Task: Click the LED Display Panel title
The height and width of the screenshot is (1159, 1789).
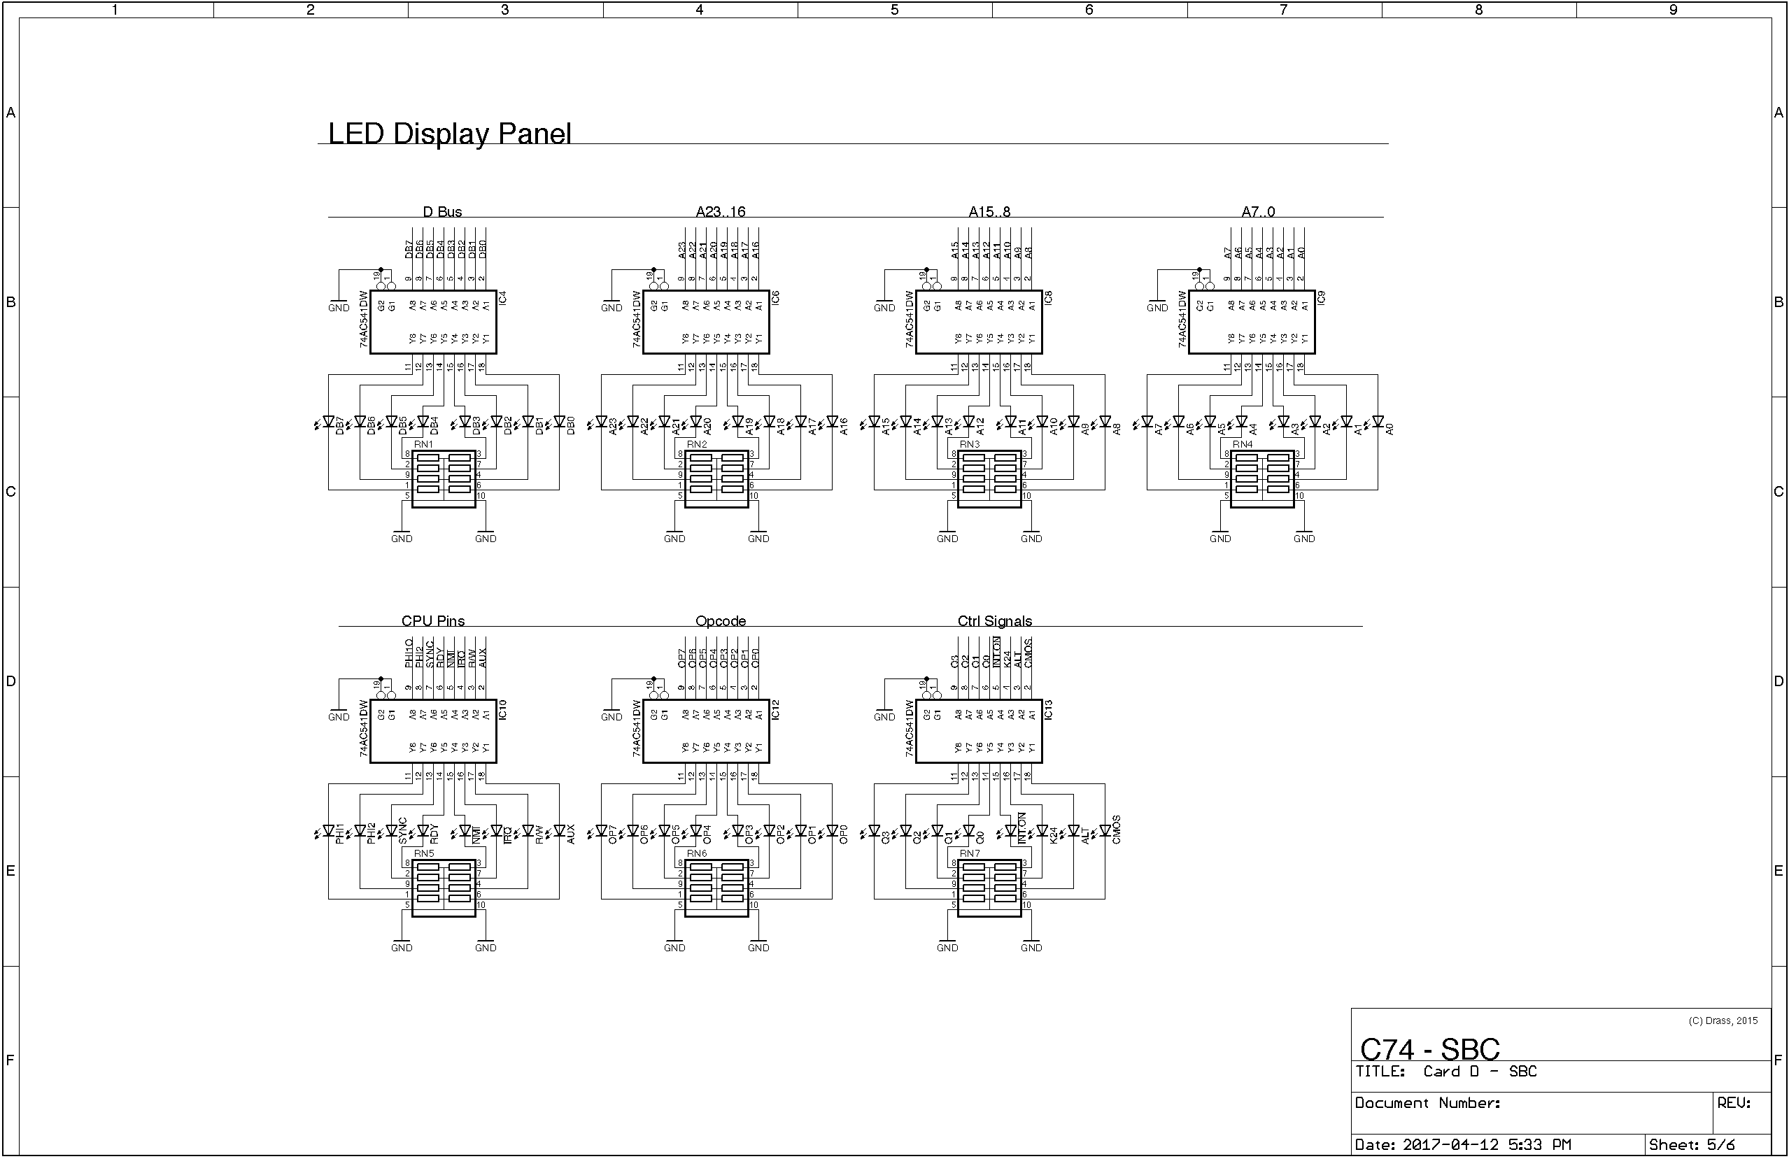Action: coord(449,134)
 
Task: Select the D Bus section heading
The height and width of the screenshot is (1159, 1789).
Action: coord(442,212)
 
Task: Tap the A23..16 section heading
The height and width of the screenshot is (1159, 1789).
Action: coord(720,212)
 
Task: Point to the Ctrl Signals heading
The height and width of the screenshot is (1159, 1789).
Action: coord(994,621)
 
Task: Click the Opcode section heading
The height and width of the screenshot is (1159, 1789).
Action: coord(720,621)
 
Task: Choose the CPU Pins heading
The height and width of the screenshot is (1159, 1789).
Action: coord(433,621)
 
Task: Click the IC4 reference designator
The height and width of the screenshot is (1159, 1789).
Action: coord(503,298)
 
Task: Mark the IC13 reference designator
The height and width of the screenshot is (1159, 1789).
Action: coord(1049,709)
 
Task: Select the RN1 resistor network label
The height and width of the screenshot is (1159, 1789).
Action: coord(424,444)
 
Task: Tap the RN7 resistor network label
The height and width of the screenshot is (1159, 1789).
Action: coord(970,853)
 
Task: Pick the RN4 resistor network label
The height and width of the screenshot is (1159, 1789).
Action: coord(1243,444)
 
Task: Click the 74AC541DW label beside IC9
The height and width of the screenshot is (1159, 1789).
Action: coord(1182,320)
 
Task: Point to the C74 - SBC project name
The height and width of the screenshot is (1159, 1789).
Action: coord(1429,1049)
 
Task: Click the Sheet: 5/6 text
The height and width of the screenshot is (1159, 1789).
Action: coord(1691,1145)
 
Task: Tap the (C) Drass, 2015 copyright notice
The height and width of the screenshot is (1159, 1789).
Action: coord(1723,1021)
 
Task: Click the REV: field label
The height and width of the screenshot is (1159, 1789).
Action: coord(1734,1102)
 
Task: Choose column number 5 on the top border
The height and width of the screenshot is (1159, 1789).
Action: coord(894,10)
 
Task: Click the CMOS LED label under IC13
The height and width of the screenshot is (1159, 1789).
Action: coord(1116,830)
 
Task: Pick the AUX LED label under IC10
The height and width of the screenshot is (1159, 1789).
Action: coord(570,834)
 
